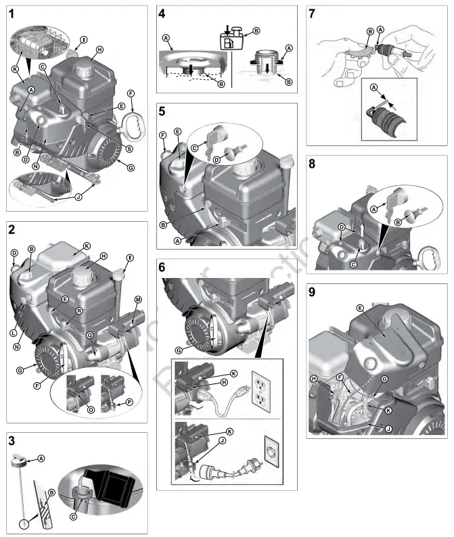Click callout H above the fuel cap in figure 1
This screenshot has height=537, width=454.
point(99,50)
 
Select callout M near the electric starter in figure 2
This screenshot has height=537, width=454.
point(138,300)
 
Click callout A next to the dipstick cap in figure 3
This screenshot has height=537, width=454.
point(41,458)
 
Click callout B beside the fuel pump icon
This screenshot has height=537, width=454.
point(256,30)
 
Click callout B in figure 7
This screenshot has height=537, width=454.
point(370,32)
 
